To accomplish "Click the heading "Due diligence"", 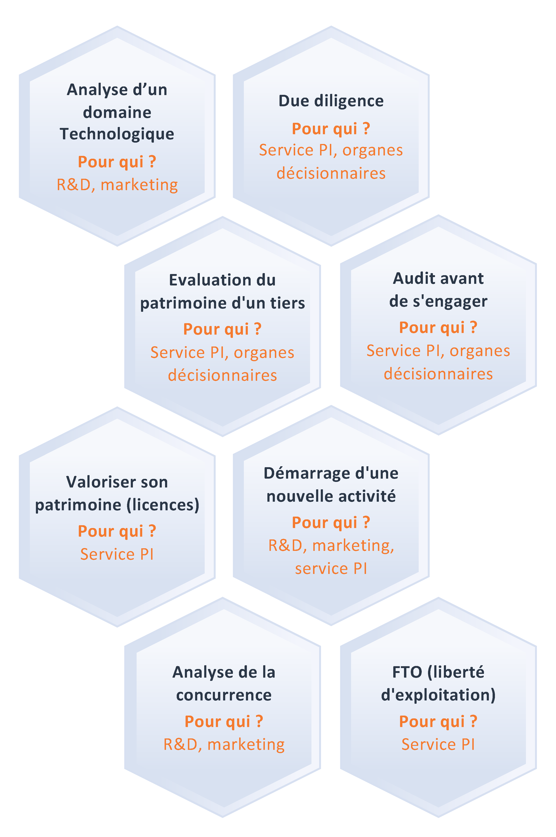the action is [x=331, y=101].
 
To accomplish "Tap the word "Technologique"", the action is [x=117, y=134].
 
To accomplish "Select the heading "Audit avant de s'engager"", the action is [x=438, y=289].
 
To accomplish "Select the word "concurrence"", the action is [x=224, y=695].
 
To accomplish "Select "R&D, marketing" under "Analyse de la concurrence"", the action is [x=224, y=745].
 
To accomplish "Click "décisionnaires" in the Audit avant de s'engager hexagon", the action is [x=438, y=374].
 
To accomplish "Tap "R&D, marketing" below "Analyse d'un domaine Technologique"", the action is [x=117, y=185].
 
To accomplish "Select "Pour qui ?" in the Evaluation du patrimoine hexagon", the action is [x=222, y=329].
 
